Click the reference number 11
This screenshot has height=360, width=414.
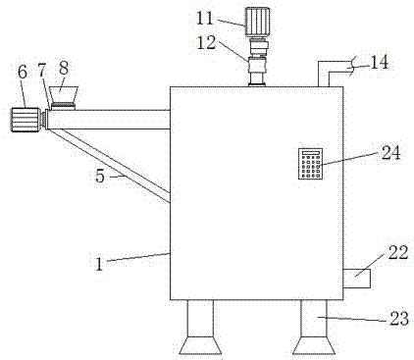(205, 19)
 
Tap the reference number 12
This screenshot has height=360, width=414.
(206, 42)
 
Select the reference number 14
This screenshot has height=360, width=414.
(380, 62)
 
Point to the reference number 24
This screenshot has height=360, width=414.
(390, 152)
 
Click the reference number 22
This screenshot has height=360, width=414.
(398, 252)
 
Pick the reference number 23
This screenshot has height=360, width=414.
(399, 319)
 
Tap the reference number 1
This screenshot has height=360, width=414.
(99, 264)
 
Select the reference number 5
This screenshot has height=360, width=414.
(100, 177)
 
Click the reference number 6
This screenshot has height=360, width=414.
(23, 73)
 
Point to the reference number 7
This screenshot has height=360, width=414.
(41, 70)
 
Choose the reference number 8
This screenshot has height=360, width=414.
(64, 69)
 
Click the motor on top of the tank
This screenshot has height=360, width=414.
(257, 22)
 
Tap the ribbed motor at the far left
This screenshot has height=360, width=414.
(26, 120)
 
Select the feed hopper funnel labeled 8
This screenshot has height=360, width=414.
(64, 97)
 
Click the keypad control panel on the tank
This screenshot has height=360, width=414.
(310, 164)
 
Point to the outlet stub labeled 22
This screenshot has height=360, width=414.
(356, 279)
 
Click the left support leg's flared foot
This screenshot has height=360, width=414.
(200, 345)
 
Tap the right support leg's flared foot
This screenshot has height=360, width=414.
(314, 345)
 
